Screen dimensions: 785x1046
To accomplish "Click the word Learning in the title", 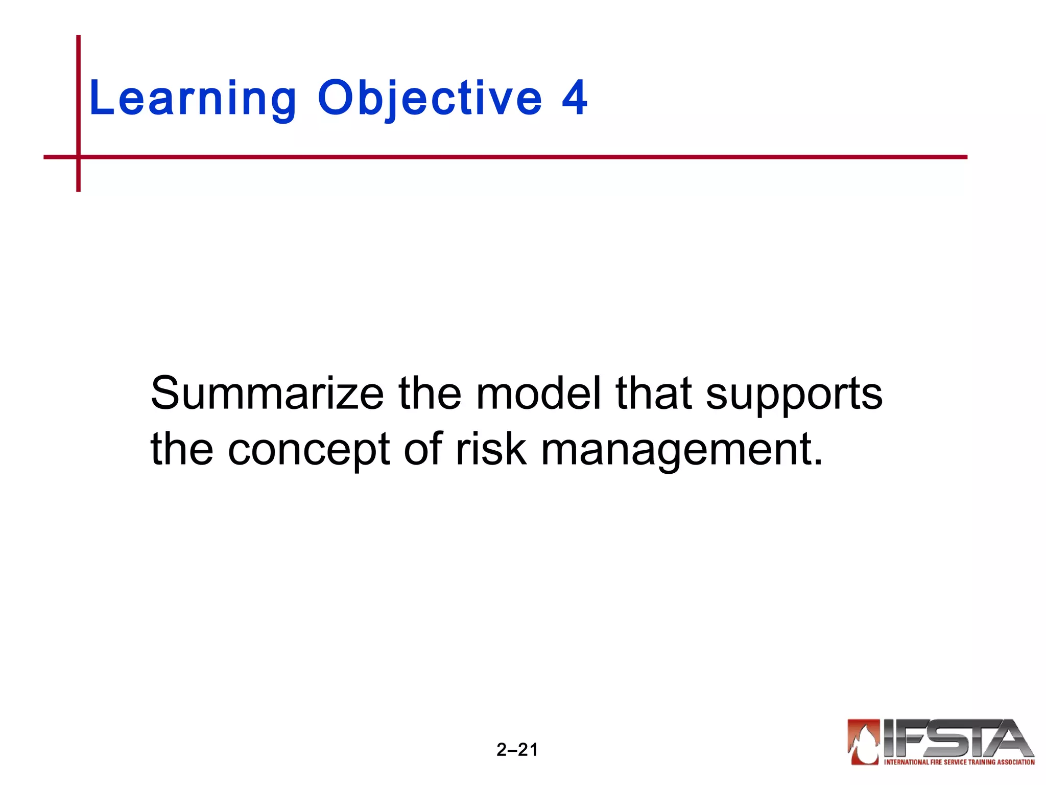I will click(x=193, y=99).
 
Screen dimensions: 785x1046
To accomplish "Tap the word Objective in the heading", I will click(x=430, y=99).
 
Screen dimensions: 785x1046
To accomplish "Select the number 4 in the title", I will click(x=575, y=98).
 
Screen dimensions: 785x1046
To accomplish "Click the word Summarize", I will click(x=267, y=394).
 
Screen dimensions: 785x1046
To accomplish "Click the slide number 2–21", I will click(x=517, y=750).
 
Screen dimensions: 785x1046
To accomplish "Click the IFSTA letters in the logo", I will click(x=957, y=738).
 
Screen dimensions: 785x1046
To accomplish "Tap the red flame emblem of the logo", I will click(x=864, y=741).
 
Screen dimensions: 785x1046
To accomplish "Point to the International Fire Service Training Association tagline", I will click(x=959, y=762).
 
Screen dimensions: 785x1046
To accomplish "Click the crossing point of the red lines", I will click(x=79, y=157).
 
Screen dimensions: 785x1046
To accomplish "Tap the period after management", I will click(x=818, y=463).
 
